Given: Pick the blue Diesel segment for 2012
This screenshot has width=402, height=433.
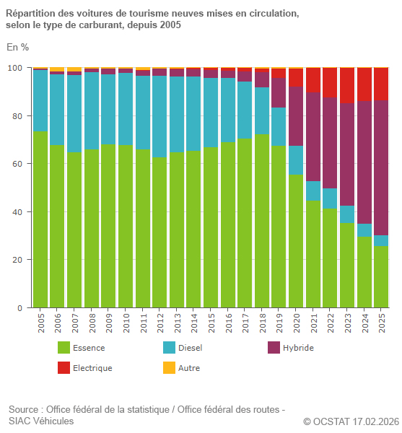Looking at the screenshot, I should point(159,116).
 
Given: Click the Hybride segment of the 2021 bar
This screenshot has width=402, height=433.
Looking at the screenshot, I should point(313,136).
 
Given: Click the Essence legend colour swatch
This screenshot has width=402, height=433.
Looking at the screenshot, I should point(64,348).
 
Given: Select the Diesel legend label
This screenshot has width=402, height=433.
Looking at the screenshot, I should point(190,348).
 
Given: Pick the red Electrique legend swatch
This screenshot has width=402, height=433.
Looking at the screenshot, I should point(64,368).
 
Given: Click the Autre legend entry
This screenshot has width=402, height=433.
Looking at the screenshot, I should point(188,368).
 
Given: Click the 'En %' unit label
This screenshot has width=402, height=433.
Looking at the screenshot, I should point(17,48).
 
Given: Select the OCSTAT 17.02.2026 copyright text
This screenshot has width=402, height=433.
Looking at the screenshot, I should point(351,421).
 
